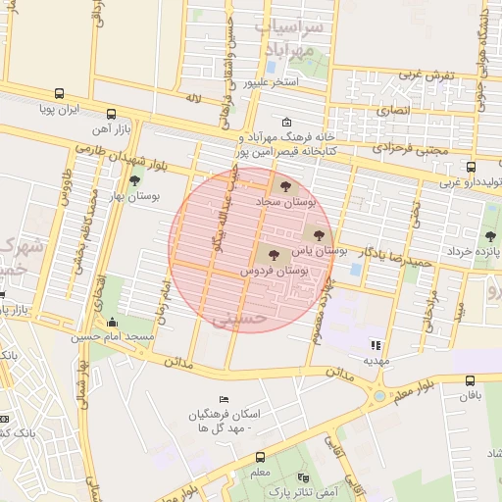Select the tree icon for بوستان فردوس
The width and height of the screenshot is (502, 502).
tap(273, 255)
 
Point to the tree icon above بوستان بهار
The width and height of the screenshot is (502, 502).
tap(134, 178)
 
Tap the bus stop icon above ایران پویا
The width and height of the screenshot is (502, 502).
tap(60, 95)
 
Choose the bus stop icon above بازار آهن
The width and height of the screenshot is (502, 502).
tap(111, 113)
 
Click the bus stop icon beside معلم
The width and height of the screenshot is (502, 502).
tap(260, 457)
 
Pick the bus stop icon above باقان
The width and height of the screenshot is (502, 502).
tap(471, 380)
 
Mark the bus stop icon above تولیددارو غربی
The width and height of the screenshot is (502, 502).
tap(471, 167)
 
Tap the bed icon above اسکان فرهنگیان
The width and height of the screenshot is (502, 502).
tap(225, 400)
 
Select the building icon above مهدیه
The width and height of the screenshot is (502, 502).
tap(374, 344)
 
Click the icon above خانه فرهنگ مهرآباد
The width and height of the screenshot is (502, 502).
tap(285, 123)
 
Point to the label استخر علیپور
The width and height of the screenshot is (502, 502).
tap(272, 81)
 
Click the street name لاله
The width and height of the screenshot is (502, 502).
tap(193, 99)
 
